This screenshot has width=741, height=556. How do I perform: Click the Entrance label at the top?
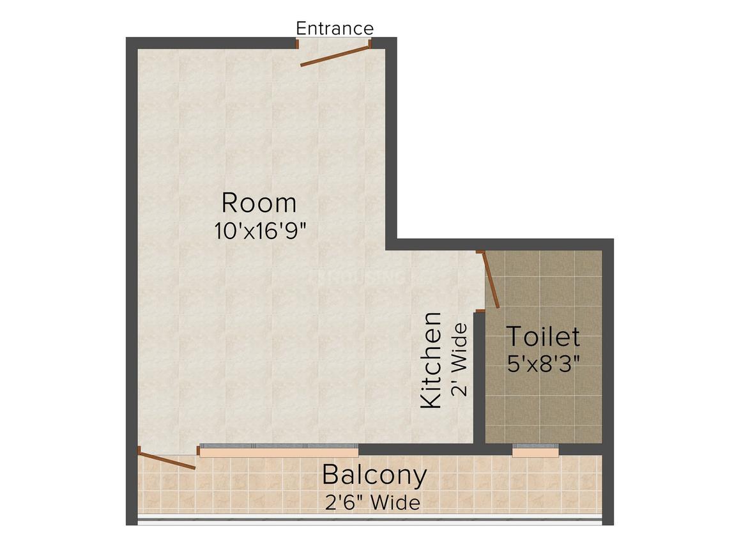335,28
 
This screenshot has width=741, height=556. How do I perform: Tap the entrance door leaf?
335,56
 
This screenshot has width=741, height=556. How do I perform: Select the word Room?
259,203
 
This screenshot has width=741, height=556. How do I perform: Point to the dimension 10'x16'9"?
261,231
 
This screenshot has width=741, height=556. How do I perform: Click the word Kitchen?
431,360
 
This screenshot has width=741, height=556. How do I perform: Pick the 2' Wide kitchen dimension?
459,360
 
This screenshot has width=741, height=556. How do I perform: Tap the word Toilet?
543,337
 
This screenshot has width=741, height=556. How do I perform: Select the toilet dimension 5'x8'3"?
544,364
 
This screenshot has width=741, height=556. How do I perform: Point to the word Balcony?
374,475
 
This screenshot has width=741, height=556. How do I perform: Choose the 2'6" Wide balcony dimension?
372,502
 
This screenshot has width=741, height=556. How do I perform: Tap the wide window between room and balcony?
279,450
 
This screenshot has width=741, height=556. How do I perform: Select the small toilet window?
535,450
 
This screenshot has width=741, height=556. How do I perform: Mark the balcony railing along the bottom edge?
370,521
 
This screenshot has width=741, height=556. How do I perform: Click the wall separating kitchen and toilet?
479,378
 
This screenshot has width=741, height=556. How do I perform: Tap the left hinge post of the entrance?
297,43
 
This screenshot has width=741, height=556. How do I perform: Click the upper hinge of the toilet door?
480,252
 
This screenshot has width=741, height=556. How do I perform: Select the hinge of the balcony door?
139,450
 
